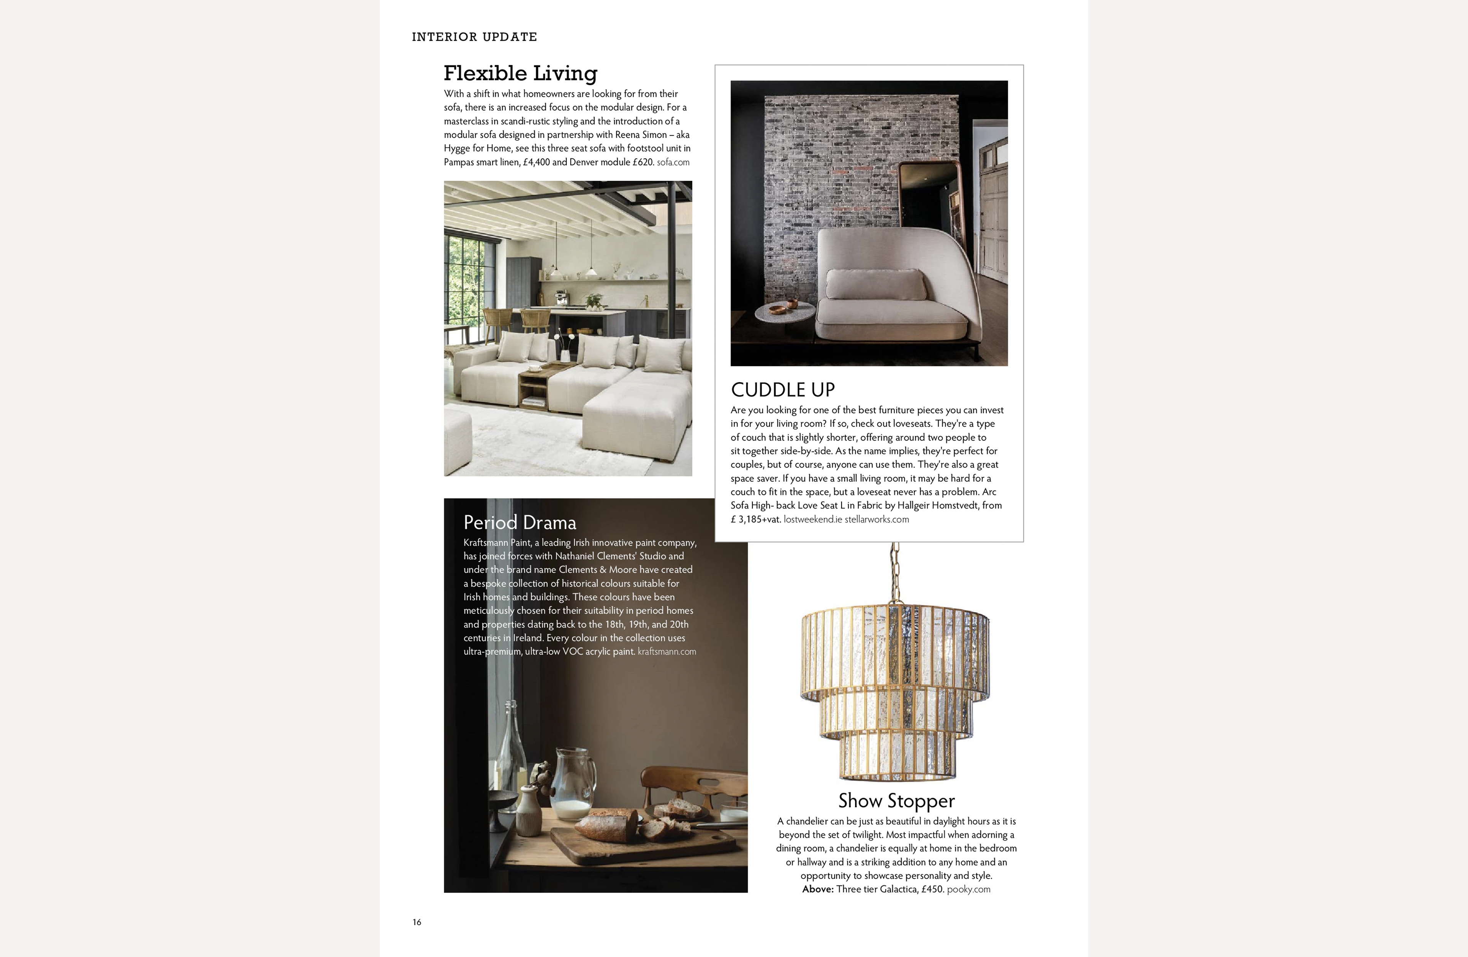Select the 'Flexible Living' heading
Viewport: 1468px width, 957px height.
pos(520,74)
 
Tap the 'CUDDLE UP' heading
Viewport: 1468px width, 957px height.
pos(782,389)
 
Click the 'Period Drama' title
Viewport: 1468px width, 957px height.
pos(519,523)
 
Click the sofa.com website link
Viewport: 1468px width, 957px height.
pos(673,162)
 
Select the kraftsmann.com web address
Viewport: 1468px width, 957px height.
pos(666,651)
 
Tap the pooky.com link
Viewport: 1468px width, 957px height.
pos(968,889)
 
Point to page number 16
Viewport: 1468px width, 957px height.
pos(417,922)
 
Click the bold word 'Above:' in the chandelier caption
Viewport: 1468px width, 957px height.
pos(817,889)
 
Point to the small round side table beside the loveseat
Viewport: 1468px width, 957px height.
pos(783,312)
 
